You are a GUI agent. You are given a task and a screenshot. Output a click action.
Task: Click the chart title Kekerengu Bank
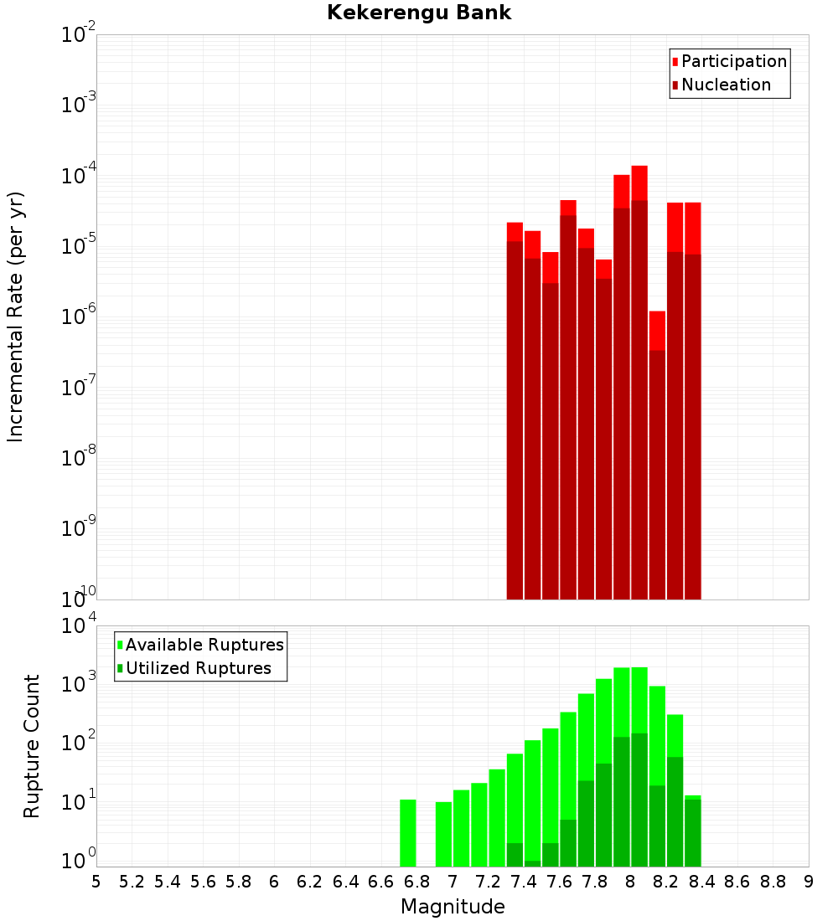click(x=419, y=13)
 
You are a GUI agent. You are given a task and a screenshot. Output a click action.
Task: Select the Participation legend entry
click(x=734, y=61)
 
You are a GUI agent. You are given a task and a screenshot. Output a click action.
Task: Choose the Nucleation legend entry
click(x=726, y=85)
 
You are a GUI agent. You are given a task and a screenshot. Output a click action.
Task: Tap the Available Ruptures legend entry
click(x=204, y=645)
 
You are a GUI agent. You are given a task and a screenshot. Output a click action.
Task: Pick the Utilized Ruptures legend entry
click(x=198, y=668)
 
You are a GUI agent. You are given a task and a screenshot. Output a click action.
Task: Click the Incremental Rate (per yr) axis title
click(x=16, y=317)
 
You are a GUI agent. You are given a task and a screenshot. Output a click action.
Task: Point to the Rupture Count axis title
click(x=32, y=746)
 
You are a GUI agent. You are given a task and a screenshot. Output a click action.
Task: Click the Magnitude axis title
click(x=453, y=907)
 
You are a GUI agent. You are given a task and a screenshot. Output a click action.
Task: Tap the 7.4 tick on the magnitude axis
click(x=524, y=882)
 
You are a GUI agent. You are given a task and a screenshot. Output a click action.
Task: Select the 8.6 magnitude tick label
click(x=737, y=882)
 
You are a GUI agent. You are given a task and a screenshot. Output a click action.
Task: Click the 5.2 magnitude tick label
click(x=132, y=882)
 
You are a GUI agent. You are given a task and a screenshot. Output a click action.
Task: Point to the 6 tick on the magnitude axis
click(x=274, y=882)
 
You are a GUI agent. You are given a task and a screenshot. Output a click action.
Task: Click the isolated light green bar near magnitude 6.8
click(x=408, y=833)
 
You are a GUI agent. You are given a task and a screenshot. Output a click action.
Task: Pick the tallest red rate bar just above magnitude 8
click(x=639, y=377)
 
